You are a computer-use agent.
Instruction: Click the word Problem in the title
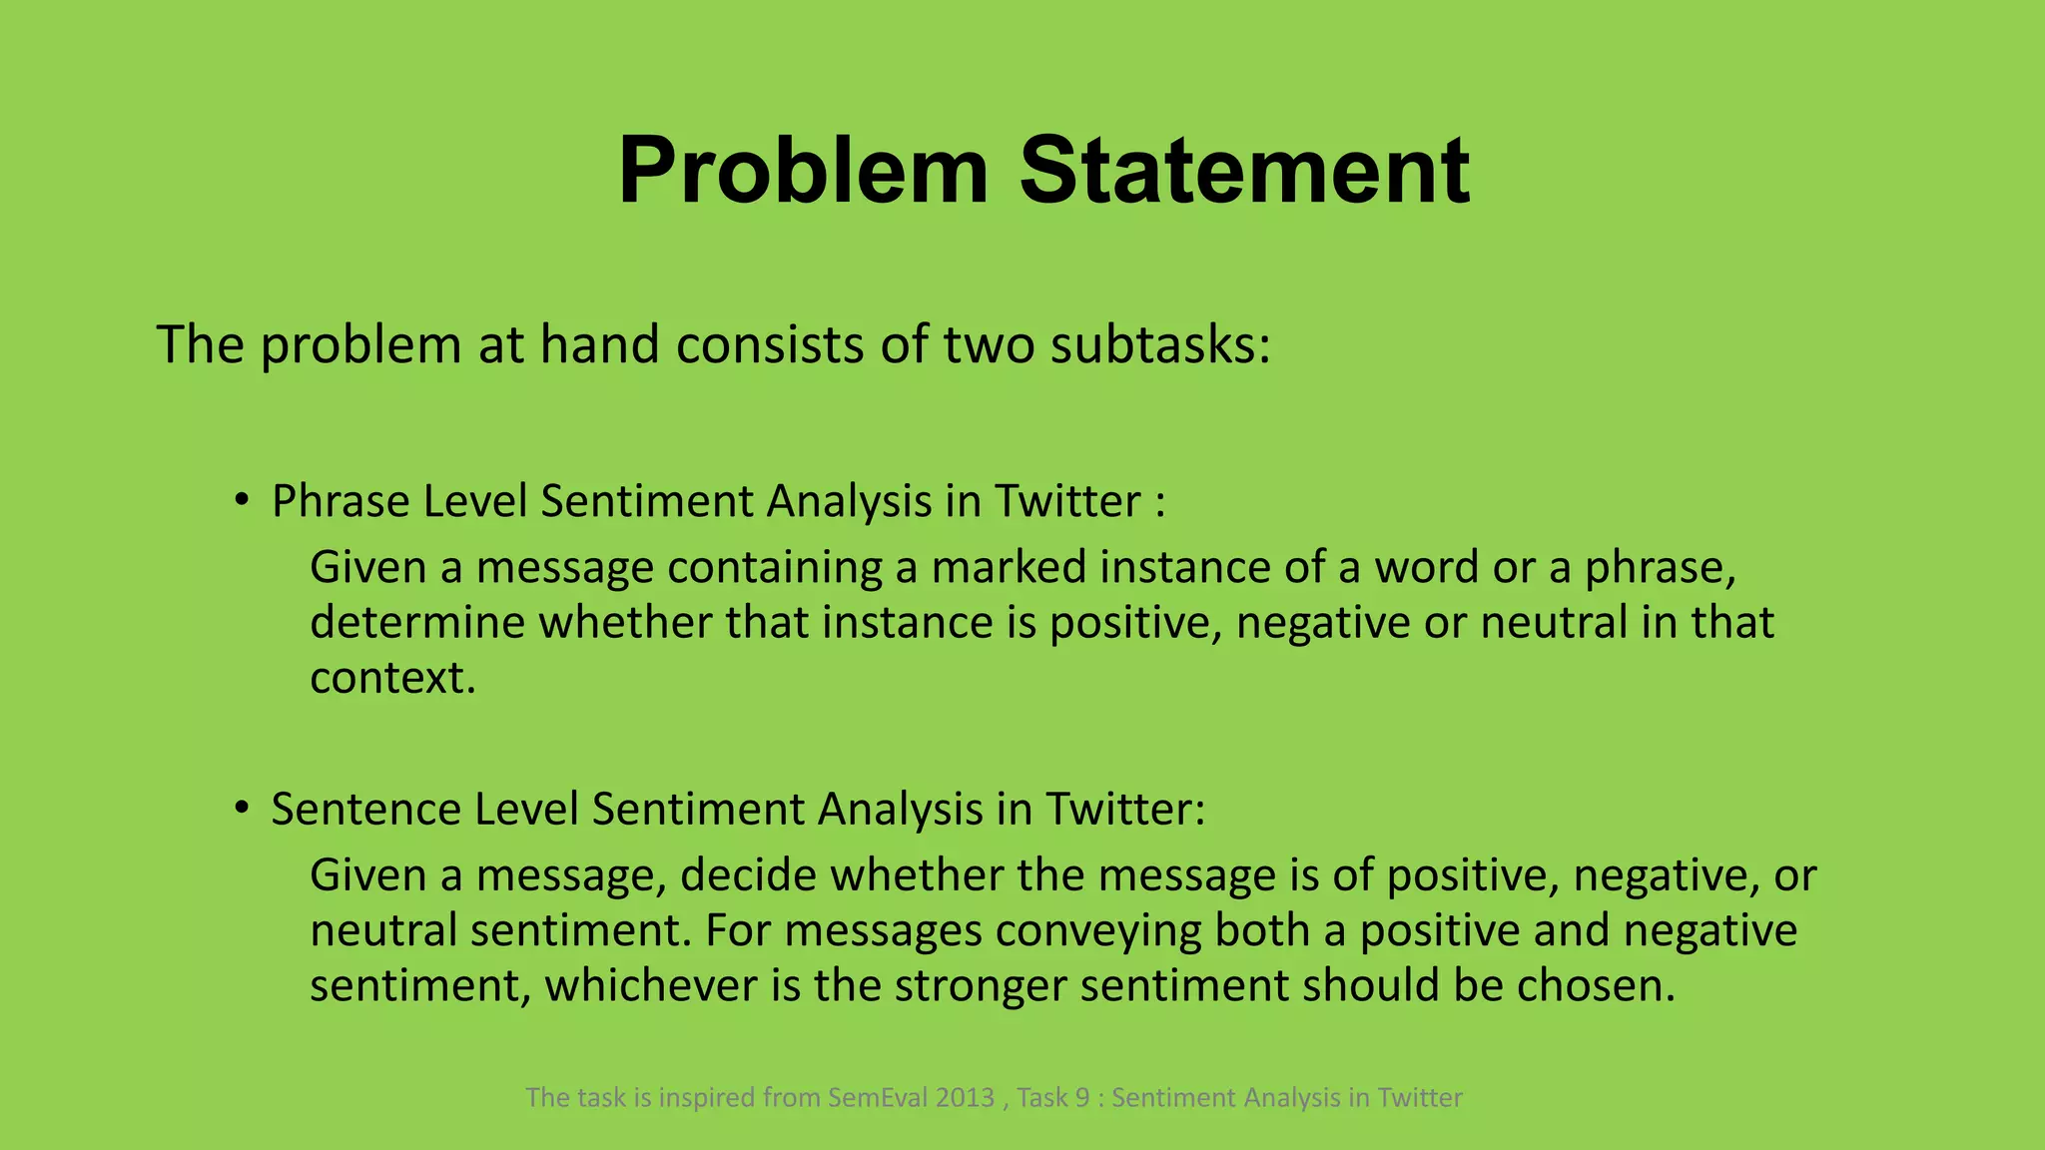(x=803, y=172)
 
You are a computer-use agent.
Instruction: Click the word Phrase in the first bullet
(x=339, y=502)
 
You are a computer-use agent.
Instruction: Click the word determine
(x=416, y=623)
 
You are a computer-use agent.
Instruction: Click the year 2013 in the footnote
(x=965, y=1098)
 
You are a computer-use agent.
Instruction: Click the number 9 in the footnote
(x=1082, y=1098)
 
